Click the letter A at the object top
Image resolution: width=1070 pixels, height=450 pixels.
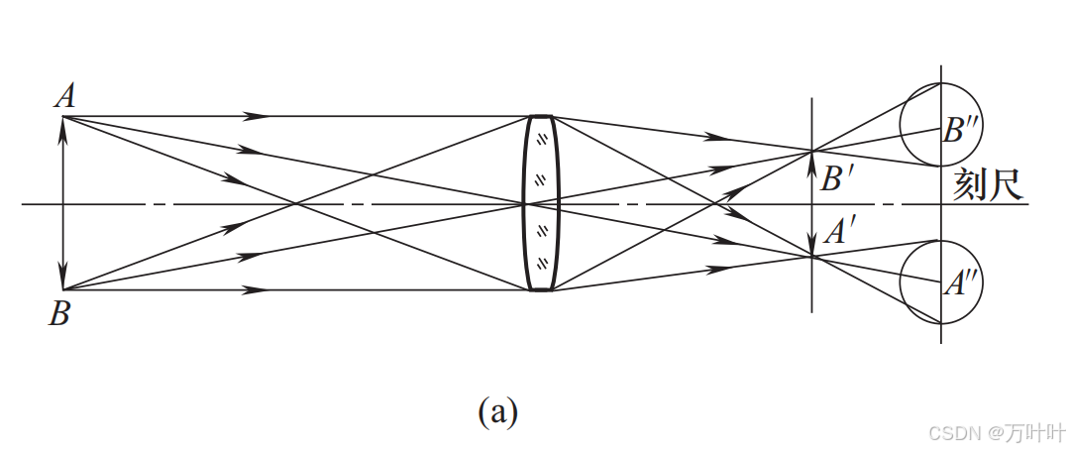coord(65,95)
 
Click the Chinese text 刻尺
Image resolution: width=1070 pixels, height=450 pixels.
coord(986,185)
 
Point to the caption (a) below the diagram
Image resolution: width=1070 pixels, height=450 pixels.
coord(497,410)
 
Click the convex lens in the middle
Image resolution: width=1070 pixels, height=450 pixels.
coord(541,203)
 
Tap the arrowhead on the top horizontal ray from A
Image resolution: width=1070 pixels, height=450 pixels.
coord(258,116)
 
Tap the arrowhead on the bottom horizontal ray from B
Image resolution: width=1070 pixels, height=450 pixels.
coord(258,290)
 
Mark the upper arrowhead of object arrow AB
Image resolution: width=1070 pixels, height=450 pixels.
coord(63,123)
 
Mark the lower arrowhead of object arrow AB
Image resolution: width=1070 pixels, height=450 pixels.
coord(63,282)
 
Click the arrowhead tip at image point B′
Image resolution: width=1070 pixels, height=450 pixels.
coord(812,154)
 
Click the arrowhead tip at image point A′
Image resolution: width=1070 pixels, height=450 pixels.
coord(812,253)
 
